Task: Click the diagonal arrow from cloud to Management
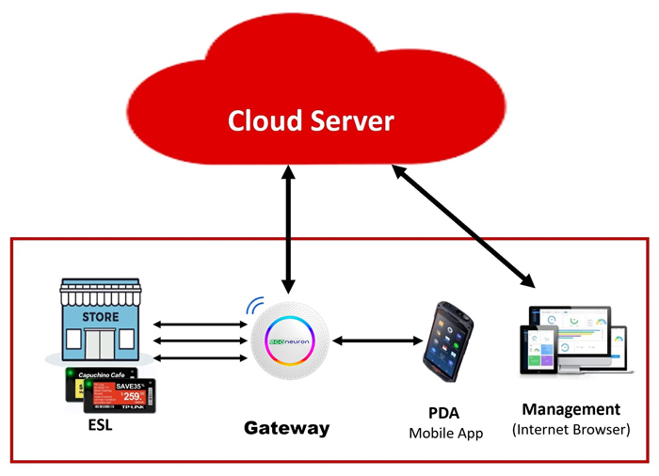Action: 461,226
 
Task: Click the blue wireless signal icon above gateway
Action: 253,305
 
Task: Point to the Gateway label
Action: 287,428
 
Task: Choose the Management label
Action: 571,409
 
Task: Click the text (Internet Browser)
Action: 571,430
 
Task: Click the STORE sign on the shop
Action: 100,317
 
